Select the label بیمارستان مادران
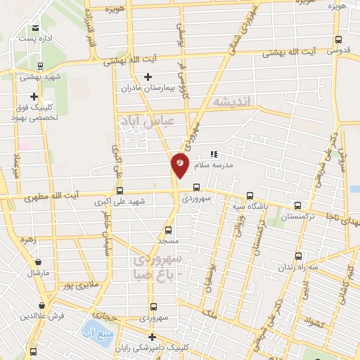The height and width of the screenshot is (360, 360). coord(146,89)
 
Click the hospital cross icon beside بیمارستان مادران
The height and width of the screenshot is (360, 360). coord(147,77)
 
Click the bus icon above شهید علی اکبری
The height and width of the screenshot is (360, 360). coord(120,191)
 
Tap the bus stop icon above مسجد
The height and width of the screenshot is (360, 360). coord(167,229)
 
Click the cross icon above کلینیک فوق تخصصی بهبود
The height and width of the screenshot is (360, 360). coord(33,96)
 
